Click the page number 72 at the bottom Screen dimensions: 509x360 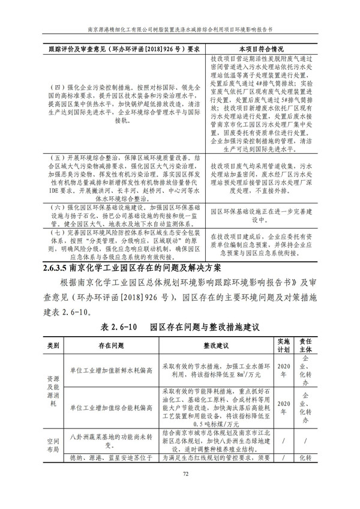coord(179,490)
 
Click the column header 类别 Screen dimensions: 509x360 coord(53,347)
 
